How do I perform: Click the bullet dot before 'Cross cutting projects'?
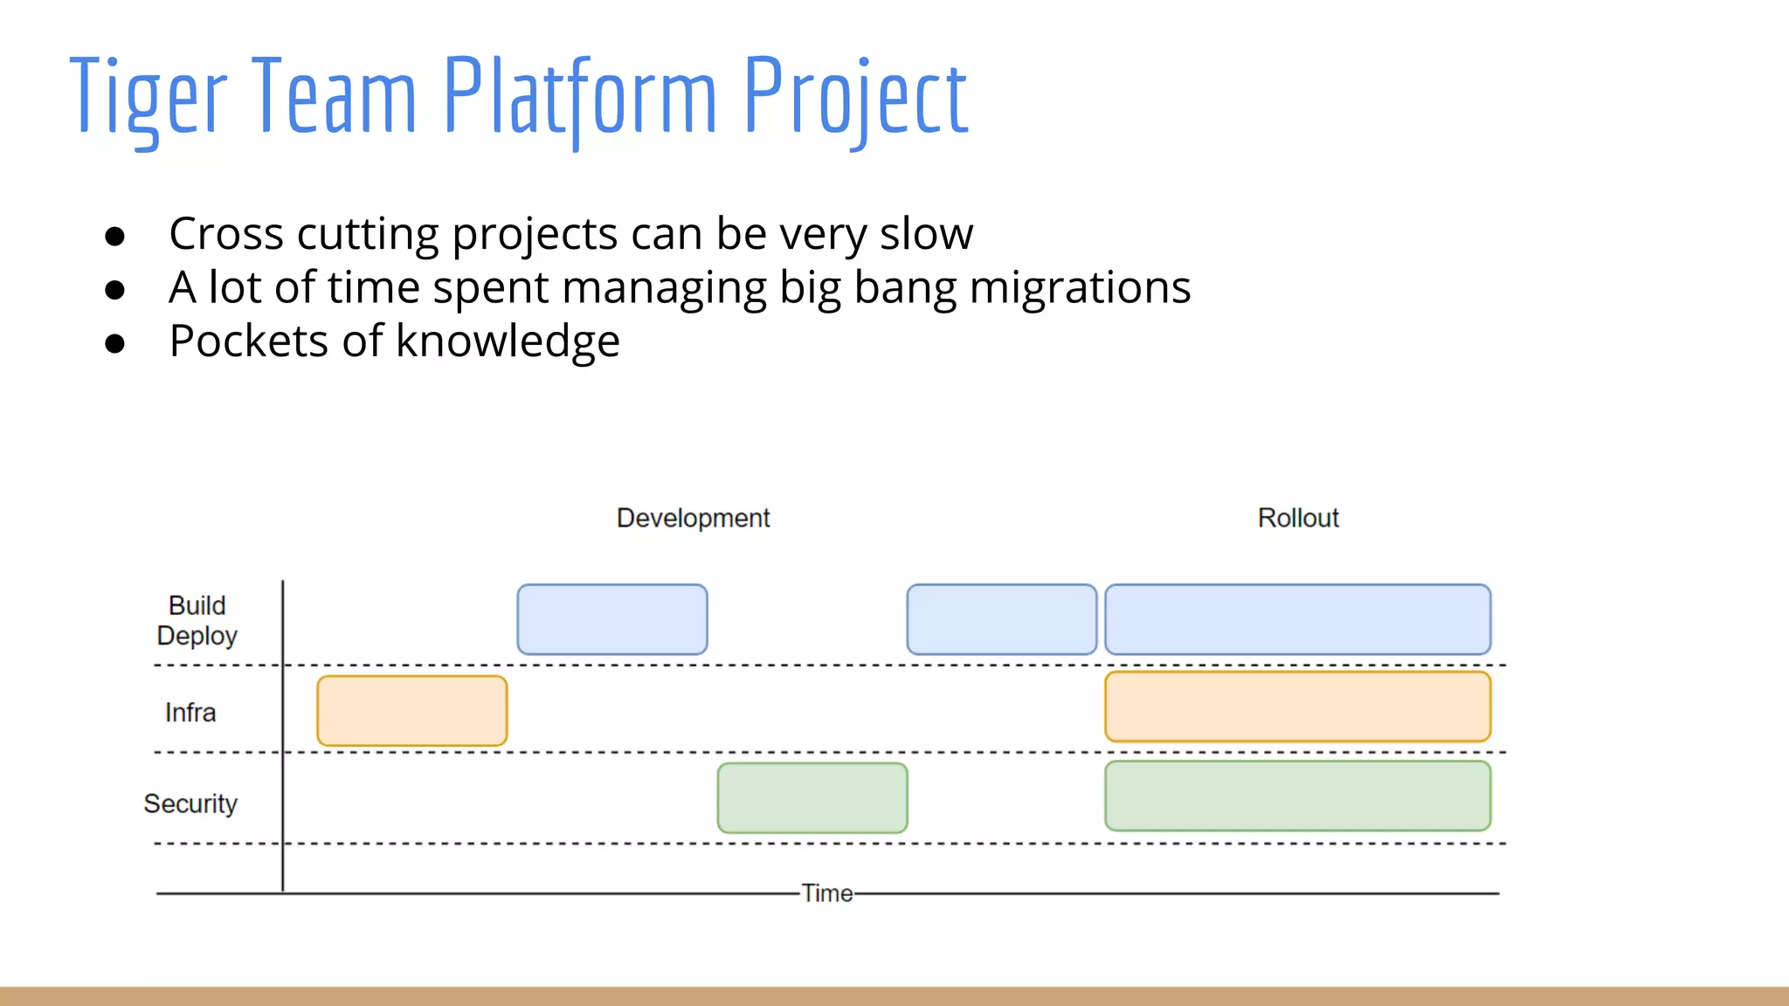point(114,236)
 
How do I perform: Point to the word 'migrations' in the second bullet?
point(1080,288)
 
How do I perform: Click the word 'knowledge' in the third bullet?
point(508,341)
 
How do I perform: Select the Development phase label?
point(693,518)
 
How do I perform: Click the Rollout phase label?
point(1298,518)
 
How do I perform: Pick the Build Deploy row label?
point(197,620)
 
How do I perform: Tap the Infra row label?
point(190,713)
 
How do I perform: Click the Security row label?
point(190,803)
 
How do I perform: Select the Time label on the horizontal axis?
point(826,893)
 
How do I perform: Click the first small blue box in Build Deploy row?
point(612,619)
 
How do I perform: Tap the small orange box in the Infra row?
point(412,711)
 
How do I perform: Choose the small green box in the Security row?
point(812,798)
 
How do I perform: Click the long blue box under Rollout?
point(1298,619)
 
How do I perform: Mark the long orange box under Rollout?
point(1298,706)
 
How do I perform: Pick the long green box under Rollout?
point(1298,796)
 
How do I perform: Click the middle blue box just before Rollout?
point(1002,619)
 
